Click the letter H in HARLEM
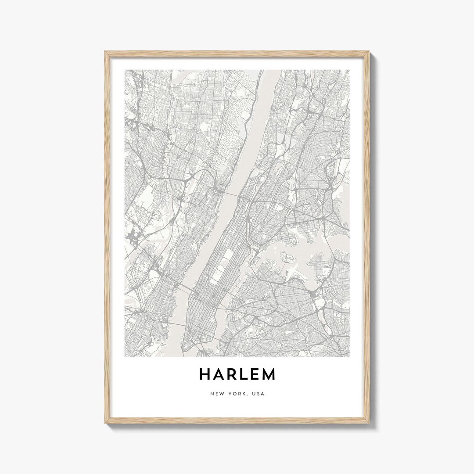[x=205, y=374]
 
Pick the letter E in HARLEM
[x=256, y=374]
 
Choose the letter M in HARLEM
[x=269, y=374]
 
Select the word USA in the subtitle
[x=259, y=394]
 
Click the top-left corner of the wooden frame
[x=106, y=52]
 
